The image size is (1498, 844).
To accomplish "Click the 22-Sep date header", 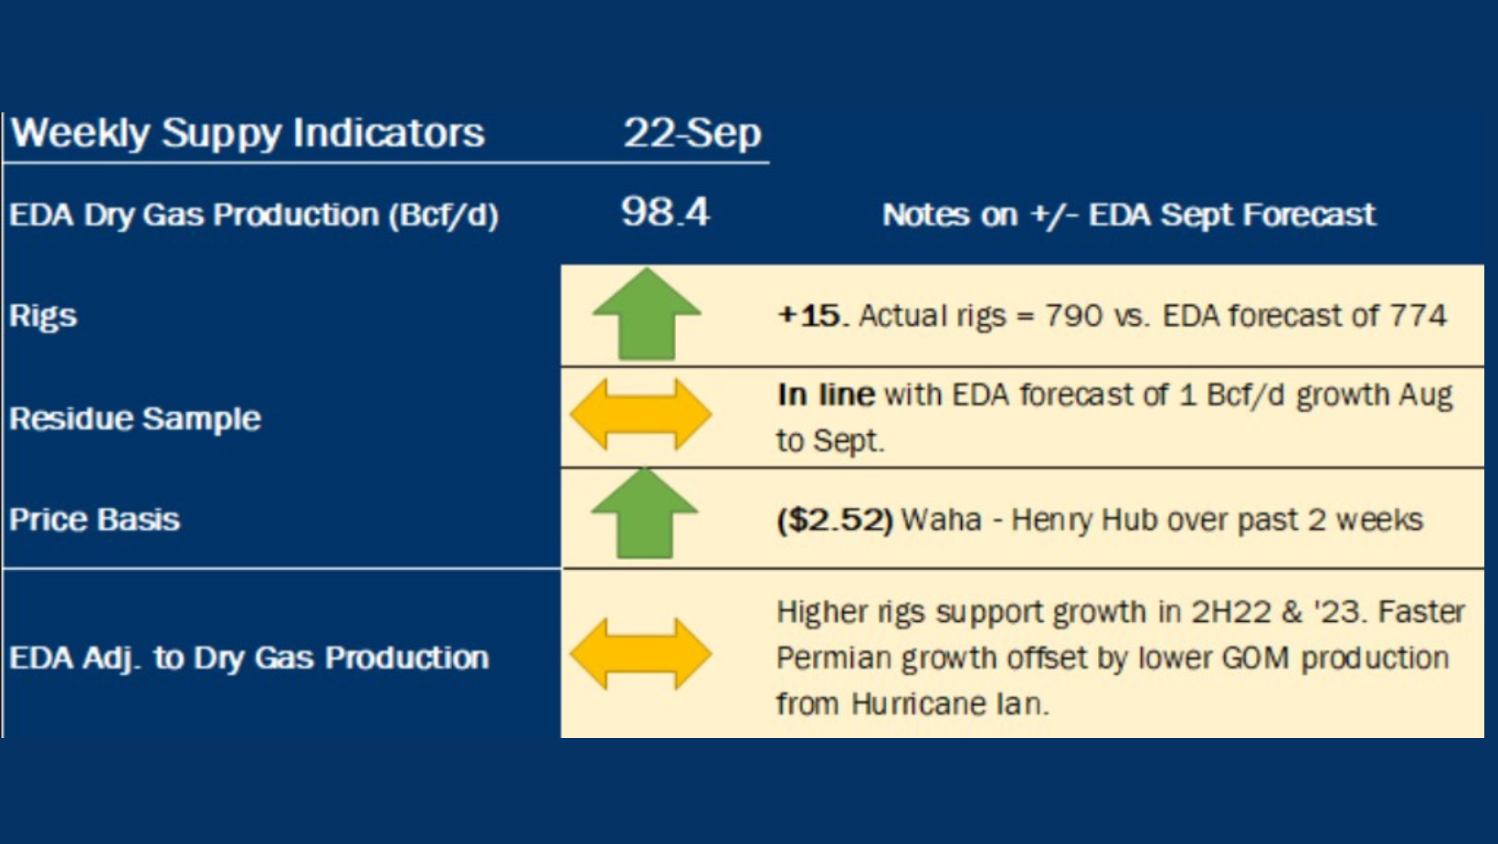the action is (692, 133).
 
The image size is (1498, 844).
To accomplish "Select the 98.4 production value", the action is (665, 212).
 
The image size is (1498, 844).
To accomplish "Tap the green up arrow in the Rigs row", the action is (647, 313).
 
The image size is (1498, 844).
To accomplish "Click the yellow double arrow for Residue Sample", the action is (640, 415).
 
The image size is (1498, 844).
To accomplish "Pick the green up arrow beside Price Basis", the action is (645, 513).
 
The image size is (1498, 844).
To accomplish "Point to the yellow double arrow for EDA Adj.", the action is (640, 654).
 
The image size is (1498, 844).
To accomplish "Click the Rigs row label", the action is (44, 316).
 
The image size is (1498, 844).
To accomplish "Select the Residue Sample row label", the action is (135, 419).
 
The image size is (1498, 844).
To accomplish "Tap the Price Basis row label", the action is (95, 520).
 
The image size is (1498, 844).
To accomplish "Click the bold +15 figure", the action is (809, 316).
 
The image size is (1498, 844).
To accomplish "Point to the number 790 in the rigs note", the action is (1073, 316).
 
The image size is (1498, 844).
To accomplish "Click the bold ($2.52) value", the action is (835, 520).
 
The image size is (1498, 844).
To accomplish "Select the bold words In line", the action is (826, 395).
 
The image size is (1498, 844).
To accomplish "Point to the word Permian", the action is (833, 659).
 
